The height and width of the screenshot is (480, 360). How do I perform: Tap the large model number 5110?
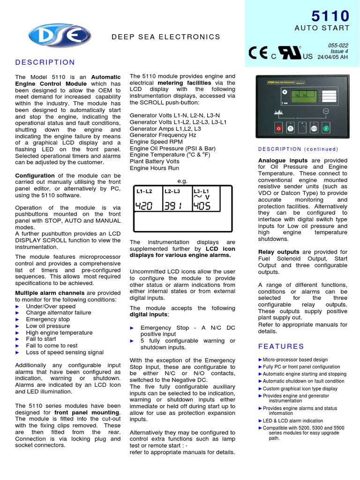pyautogui.click(x=330, y=16)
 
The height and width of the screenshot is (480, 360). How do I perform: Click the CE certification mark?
pyautogui.click(x=258, y=53)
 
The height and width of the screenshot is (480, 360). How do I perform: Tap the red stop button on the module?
pyautogui.click(x=278, y=127)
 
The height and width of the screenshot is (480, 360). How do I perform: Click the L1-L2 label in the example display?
pyautogui.click(x=144, y=191)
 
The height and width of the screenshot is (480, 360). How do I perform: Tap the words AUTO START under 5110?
pyautogui.click(x=322, y=28)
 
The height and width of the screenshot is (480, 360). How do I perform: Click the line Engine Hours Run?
pyautogui.click(x=154, y=168)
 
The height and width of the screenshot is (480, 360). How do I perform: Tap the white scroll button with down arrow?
pyautogui.click(x=291, y=127)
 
